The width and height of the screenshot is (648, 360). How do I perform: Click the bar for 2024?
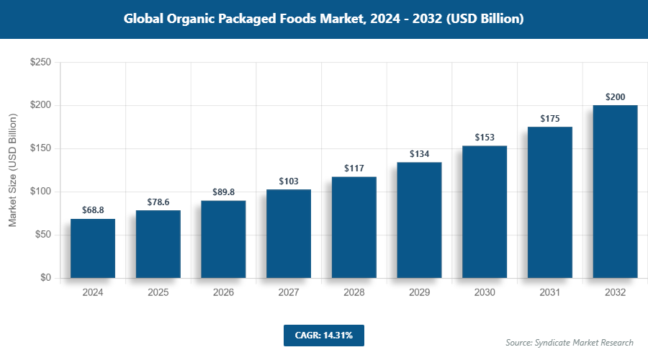[x=93, y=248]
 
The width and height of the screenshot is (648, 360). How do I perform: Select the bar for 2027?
[x=289, y=234]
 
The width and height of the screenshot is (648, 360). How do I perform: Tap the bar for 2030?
[x=485, y=212]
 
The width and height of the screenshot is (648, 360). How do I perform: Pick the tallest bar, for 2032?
[x=615, y=192]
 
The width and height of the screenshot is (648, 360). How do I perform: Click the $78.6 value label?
[x=158, y=202]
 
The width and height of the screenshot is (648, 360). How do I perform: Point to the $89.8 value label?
[x=223, y=192]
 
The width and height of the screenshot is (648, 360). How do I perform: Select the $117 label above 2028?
[x=354, y=168]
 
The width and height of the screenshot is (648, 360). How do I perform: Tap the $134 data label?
[x=419, y=154]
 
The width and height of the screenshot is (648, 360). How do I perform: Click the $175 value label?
[x=549, y=118]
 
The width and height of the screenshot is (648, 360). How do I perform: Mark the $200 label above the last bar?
[x=615, y=97]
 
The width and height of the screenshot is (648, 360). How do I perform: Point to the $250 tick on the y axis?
[x=40, y=63]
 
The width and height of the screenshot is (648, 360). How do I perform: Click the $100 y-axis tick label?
[x=40, y=192]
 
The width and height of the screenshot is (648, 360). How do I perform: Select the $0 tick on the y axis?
[x=45, y=278]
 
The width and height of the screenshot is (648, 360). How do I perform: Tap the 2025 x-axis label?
[x=158, y=292]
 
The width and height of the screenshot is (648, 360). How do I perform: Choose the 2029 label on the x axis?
[x=419, y=292]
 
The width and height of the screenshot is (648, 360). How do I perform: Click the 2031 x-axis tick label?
[x=549, y=292]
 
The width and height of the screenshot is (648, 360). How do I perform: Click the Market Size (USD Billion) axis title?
[x=12, y=170]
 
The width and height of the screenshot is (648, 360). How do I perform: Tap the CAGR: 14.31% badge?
[x=324, y=335]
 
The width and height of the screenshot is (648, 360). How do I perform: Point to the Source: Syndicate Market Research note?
[x=570, y=342]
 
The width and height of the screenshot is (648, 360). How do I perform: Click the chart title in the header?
[x=324, y=19]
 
